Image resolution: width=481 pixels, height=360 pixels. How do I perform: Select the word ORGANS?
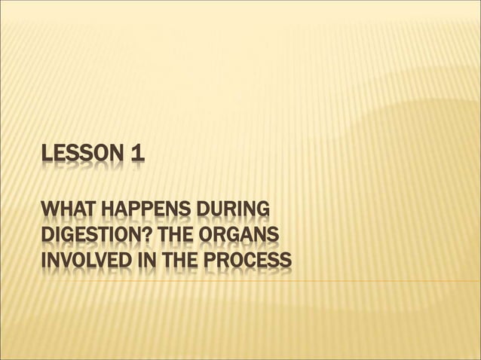[253, 236]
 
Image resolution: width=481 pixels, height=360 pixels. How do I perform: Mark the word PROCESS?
[249, 261]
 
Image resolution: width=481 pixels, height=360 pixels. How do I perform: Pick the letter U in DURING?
[218, 209]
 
